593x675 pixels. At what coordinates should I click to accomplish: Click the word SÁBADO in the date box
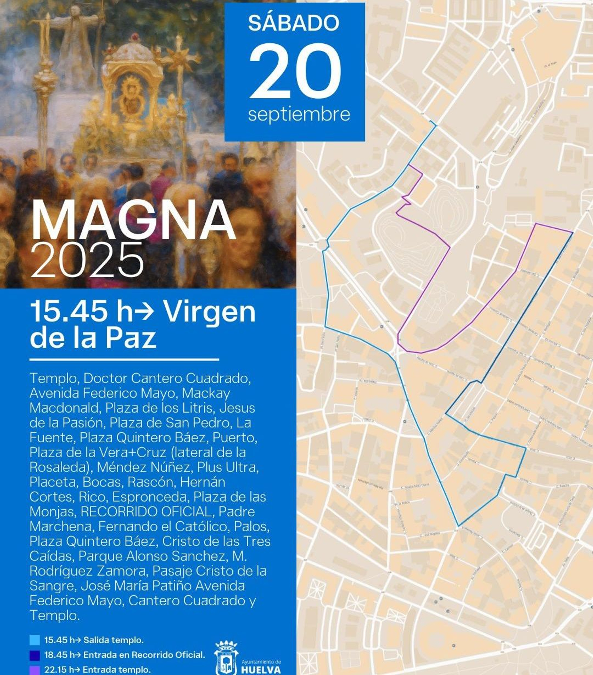point(294,23)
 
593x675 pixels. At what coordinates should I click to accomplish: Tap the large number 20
point(295,71)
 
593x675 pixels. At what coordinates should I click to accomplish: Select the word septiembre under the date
point(299,114)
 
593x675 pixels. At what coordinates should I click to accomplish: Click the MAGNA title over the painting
point(133,221)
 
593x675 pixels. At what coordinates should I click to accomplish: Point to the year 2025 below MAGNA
point(87,261)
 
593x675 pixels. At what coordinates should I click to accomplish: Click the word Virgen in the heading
point(209,312)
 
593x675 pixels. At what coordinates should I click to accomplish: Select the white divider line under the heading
point(124,359)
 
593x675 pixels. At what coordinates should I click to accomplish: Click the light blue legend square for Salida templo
point(34,640)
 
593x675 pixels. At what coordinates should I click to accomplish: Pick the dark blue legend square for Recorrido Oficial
point(34,655)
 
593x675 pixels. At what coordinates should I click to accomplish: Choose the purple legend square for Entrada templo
point(34,670)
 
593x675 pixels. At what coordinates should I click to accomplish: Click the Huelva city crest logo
point(226,659)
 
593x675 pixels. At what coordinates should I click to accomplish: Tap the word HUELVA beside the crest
point(261,670)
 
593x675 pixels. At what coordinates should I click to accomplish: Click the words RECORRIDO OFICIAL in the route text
point(146,512)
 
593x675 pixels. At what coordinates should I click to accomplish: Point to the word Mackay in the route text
point(206,393)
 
